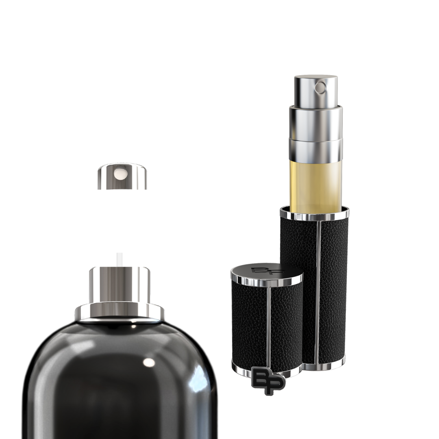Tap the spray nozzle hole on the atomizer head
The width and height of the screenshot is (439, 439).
point(322,87)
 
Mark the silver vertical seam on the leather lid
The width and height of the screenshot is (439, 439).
point(269,325)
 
